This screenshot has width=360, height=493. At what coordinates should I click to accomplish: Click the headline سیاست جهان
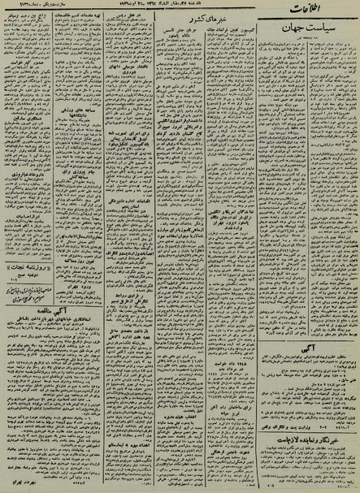click(x=315, y=48)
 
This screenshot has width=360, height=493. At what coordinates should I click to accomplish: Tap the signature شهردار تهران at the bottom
click(x=33, y=485)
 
